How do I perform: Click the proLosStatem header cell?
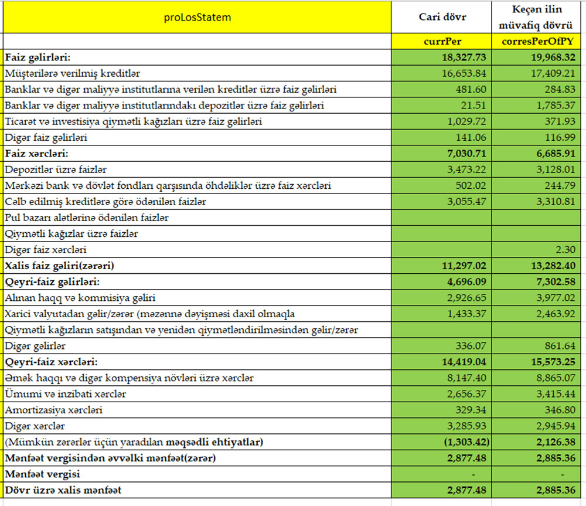coord(197,17)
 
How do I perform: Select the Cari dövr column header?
coord(442,17)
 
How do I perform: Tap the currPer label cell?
coord(442,41)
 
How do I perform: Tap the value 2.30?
coord(566,250)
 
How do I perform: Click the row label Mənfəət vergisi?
coord(42,474)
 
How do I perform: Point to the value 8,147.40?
coord(469,378)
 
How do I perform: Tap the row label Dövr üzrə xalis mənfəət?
coord(63,490)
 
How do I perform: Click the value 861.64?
coord(559,346)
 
